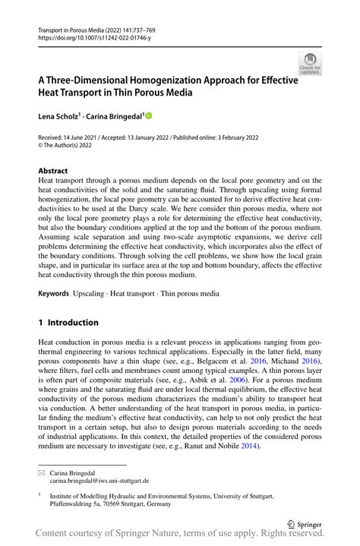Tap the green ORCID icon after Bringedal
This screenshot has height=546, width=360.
tap(149, 115)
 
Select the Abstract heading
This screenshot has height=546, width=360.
tap(53, 171)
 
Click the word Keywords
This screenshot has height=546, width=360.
tap(55, 292)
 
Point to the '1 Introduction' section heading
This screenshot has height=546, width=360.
tap(68, 323)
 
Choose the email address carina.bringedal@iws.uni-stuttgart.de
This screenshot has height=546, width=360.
tap(99, 481)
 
